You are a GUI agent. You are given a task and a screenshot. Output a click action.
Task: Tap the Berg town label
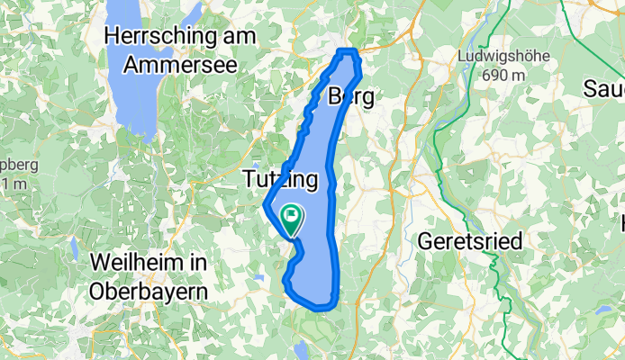click(x=351, y=96)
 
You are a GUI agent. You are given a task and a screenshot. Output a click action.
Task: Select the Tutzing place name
click(x=281, y=181)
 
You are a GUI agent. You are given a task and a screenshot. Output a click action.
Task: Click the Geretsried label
click(x=465, y=241)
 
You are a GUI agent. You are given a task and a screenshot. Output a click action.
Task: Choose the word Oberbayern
click(x=149, y=291)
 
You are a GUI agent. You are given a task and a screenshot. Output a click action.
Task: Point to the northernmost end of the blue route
click(x=349, y=51)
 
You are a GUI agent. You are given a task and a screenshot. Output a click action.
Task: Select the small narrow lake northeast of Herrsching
click(x=192, y=14)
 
